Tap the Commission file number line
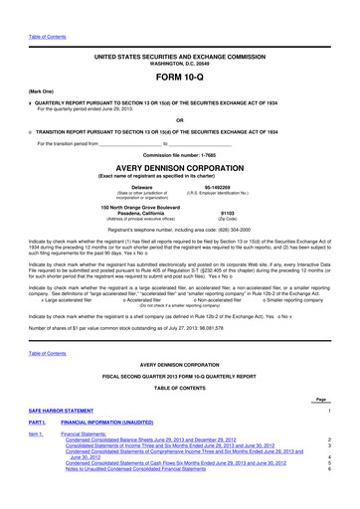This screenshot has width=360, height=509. [x=179, y=155]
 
